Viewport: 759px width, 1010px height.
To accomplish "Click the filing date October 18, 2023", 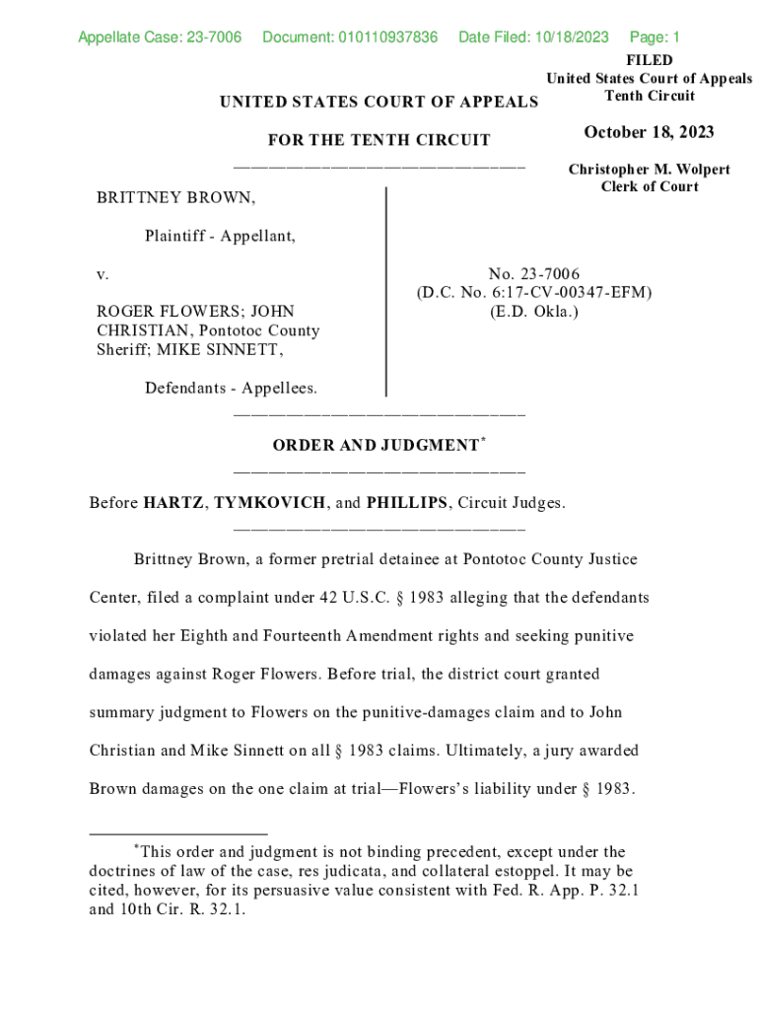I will pos(649,133).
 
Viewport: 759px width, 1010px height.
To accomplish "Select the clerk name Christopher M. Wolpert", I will pos(649,170).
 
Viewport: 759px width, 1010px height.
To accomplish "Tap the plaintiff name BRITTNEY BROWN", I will pos(175,198).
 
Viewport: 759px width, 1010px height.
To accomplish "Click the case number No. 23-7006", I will pos(533,274).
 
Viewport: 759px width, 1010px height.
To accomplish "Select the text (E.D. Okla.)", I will pos(533,312).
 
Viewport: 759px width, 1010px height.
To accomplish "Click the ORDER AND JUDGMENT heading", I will pos(376,446).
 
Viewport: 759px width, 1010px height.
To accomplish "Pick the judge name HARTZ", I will pos(173,503).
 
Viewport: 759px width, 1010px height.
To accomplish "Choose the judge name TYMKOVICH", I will pos(269,503).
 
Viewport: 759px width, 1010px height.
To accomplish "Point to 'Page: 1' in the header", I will pos(655,37).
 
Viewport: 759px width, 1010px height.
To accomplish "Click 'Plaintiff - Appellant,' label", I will pos(220,236).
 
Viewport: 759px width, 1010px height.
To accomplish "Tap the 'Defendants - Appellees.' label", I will pos(231,388).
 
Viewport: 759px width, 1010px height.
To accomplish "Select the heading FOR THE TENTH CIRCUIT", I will pos(379,141).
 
